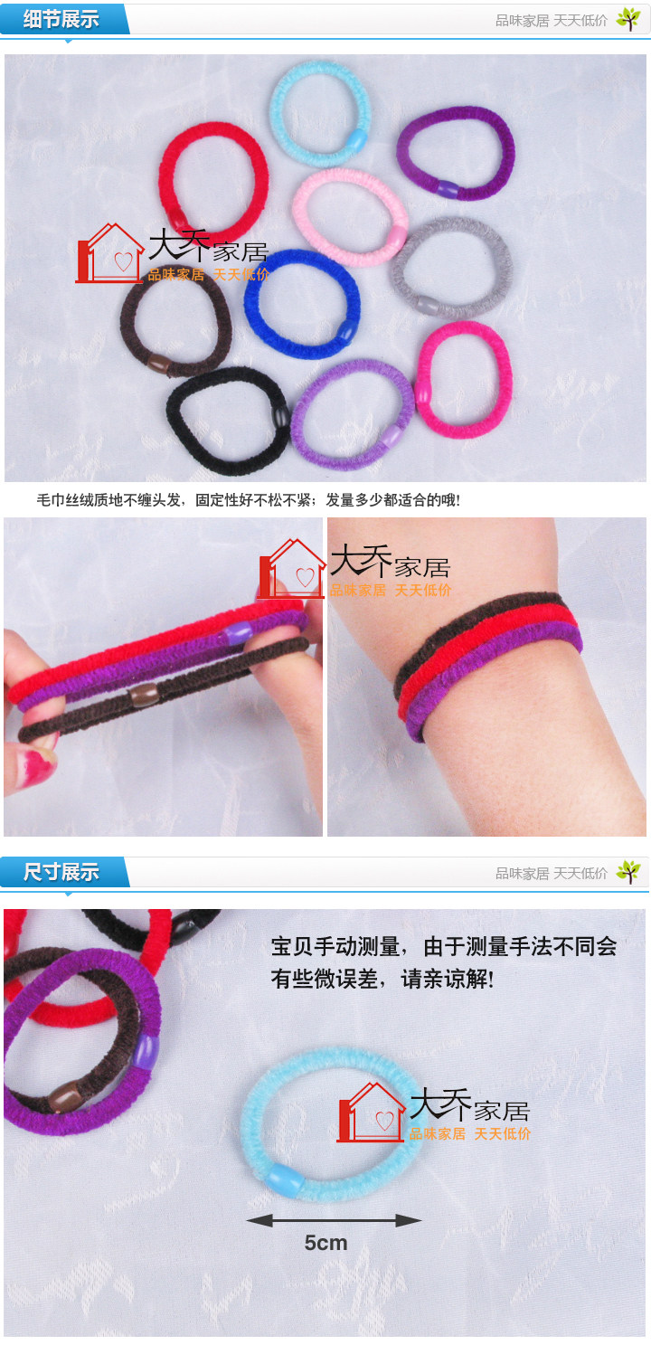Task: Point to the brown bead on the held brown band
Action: (141, 696)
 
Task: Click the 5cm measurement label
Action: (325, 1243)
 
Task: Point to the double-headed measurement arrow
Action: (335, 1220)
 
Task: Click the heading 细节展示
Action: (61, 19)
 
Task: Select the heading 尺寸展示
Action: (61, 872)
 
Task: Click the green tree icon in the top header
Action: (627, 19)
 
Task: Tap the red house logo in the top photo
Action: (108, 254)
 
